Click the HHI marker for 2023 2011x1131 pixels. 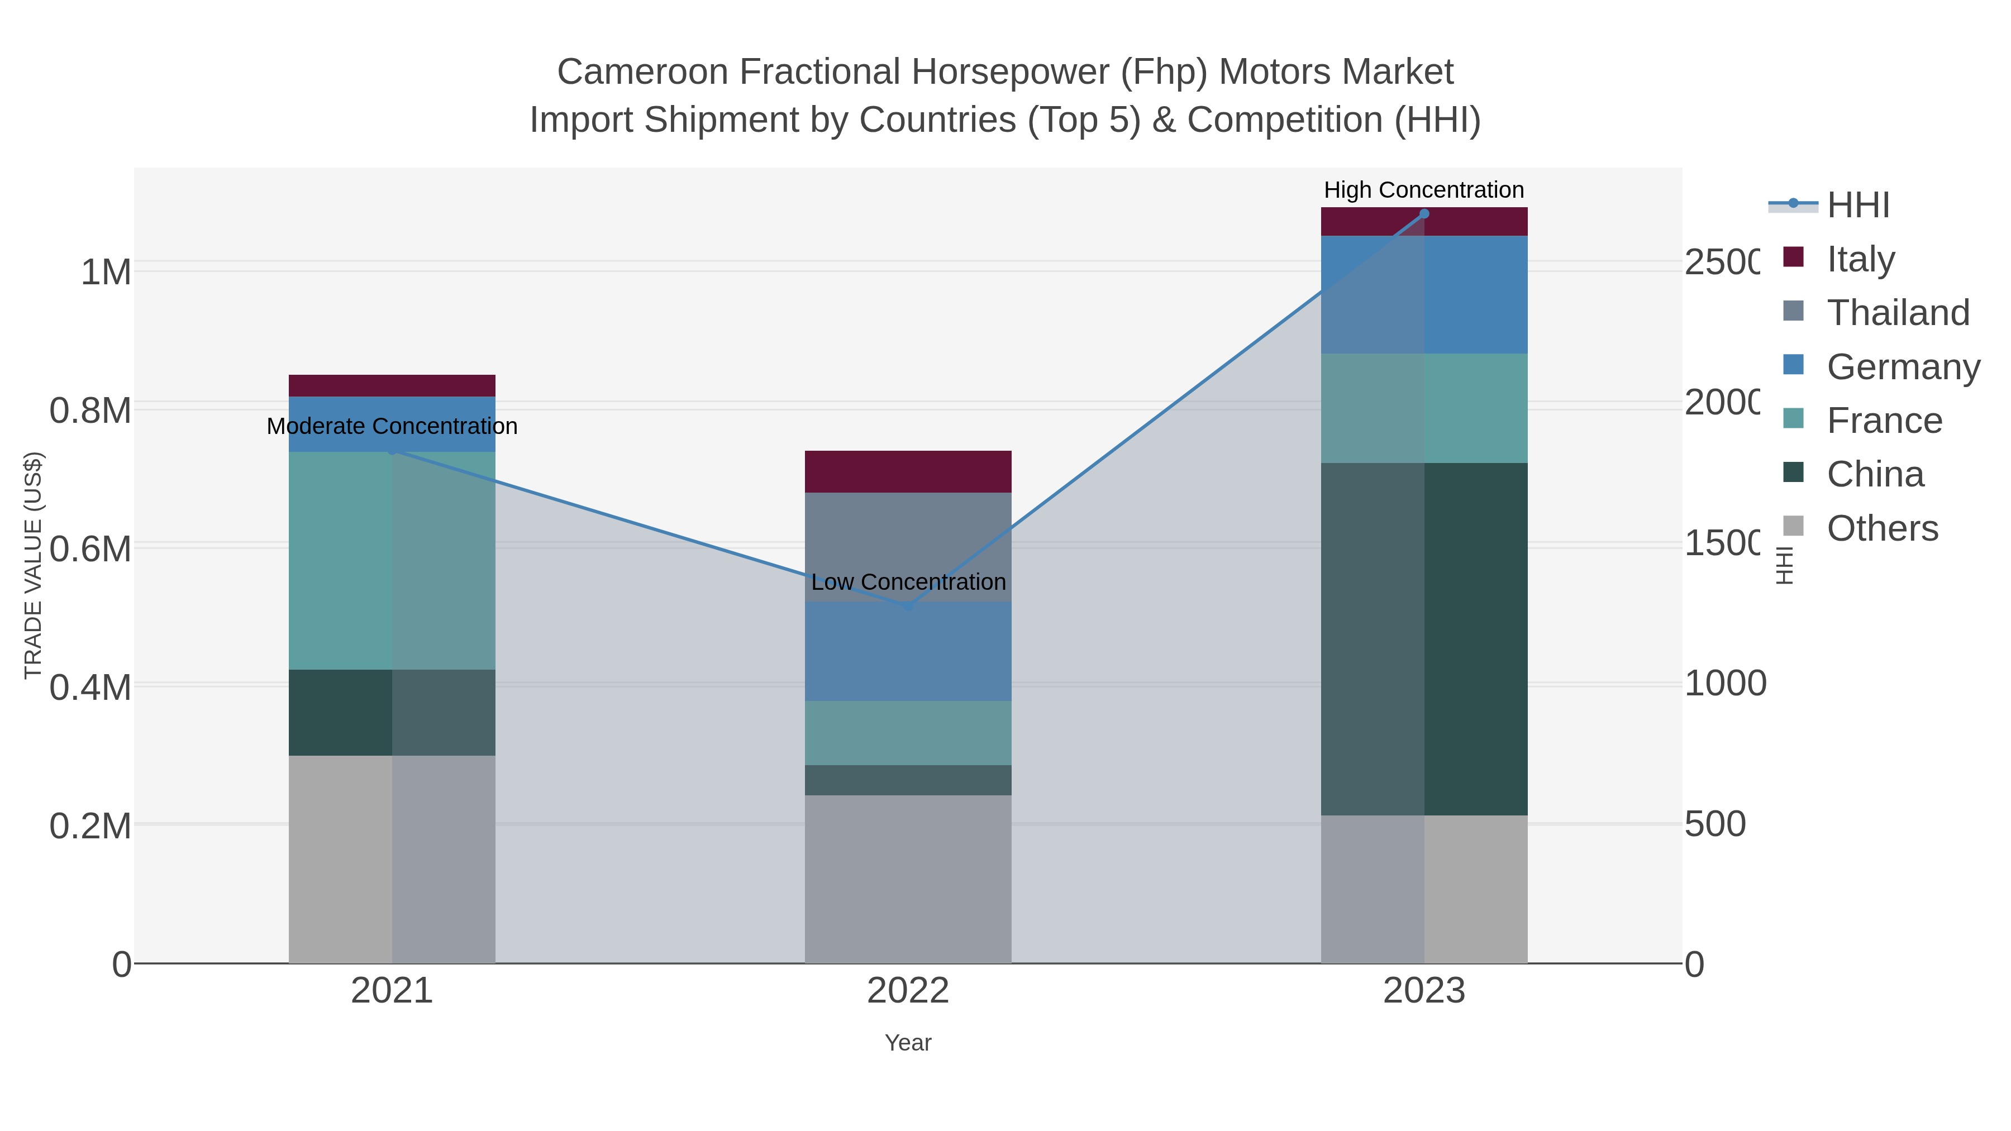pyautogui.click(x=1424, y=214)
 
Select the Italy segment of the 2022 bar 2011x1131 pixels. pyautogui.click(x=908, y=471)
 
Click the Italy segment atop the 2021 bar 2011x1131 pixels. pyautogui.click(x=392, y=385)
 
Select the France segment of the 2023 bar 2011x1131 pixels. pyautogui.click(x=1424, y=408)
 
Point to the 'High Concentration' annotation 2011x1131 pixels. pyautogui.click(x=1424, y=190)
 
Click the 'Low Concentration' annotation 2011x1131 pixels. pyautogui.click(x=908, y=581)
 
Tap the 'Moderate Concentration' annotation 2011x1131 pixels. pyautogui.click(x=392, y=426)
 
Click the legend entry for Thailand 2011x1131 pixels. pyautogui.click(x=1897, y=312)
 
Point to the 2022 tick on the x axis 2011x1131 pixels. pyautogui.click(x=908, y=990)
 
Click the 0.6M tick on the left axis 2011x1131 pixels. pyautogui.click(x=90, y=548)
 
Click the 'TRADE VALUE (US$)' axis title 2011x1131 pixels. pyautogui.click(x=33, y=565)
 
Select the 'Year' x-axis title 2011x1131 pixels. pyautogui.click(x=908, y=1043)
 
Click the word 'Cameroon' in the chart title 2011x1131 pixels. pyautogui.click(x=642, y=72)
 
